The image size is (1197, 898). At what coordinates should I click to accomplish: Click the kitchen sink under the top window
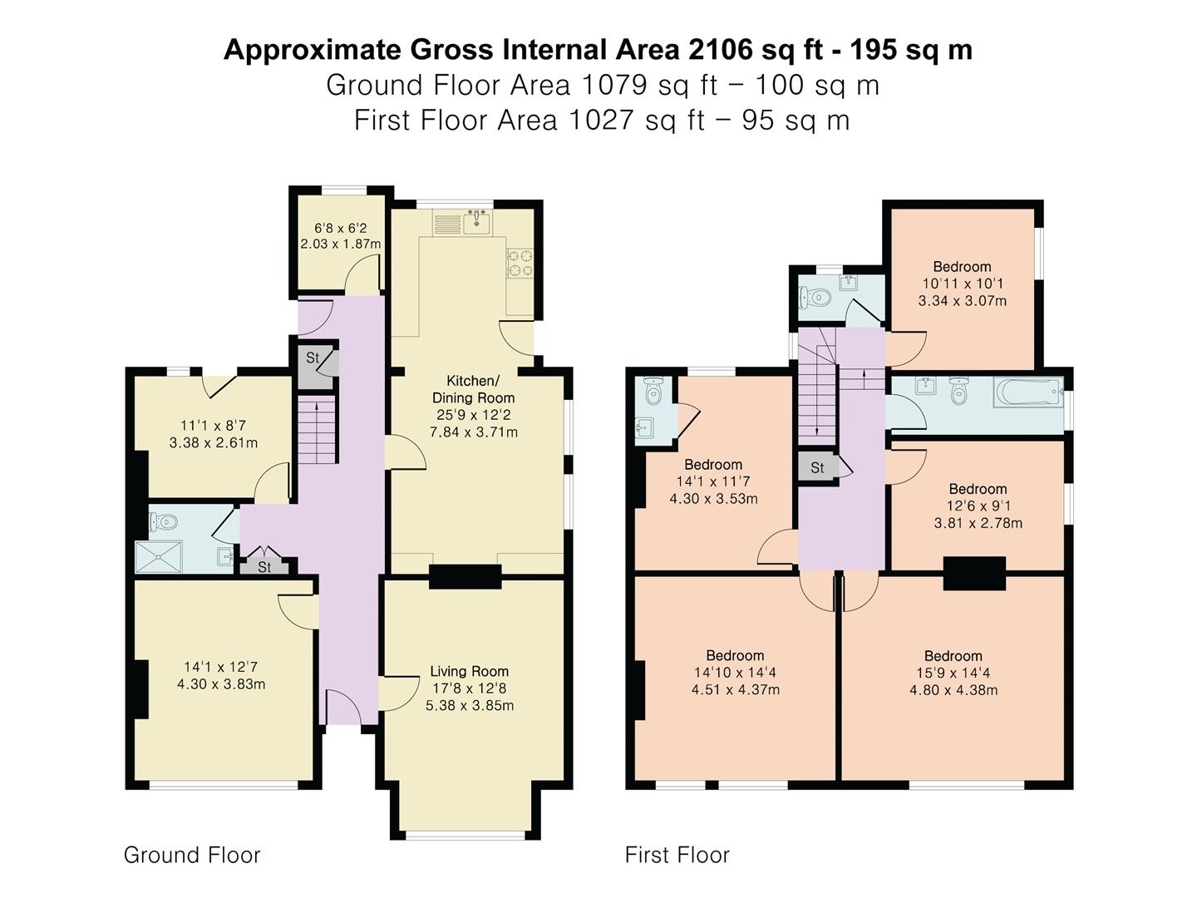pos(477,223)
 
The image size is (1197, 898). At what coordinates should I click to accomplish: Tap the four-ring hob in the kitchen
pos(520,263)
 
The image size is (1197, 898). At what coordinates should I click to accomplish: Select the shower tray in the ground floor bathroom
pos(159,556)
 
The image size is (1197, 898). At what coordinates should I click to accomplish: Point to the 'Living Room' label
pos(469,671)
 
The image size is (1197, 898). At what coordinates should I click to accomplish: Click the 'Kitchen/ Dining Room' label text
pos(473,389)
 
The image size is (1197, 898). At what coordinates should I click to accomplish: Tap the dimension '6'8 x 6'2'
pos(340,228)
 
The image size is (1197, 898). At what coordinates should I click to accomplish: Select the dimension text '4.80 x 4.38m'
pos(953,690)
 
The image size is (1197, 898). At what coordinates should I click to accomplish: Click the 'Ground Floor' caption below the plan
pos(192,855)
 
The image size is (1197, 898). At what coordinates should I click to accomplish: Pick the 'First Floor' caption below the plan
pos(677,855)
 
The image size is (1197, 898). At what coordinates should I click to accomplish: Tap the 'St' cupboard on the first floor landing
pos(817,467)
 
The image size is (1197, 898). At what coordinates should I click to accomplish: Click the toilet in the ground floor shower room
pos(164,522)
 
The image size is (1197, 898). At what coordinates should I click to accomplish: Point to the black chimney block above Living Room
pos(465,577)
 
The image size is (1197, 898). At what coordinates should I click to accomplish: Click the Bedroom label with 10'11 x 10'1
pos(962,267)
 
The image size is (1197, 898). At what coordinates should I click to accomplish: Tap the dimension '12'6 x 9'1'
pos(978,506)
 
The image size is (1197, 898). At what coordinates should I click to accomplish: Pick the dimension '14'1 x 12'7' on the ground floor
pos(221,667)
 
